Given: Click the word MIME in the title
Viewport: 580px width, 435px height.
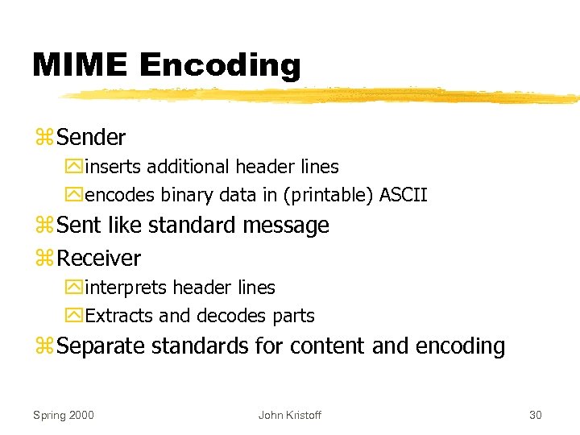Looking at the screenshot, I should [x=81, y=65].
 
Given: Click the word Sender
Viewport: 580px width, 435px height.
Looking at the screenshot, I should [x=92, y=138].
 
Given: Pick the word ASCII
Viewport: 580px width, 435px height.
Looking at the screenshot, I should [x=403, y=195].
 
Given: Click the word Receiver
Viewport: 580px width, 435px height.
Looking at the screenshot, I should [x=99, y=259].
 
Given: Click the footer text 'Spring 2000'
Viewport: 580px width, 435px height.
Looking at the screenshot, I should [x=63, y=415].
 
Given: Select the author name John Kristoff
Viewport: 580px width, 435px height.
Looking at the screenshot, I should [x=289, y=415].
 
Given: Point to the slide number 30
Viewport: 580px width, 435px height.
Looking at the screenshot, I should [x=536, y=415].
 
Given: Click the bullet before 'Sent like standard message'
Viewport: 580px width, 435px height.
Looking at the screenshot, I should [x=43, y=226].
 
